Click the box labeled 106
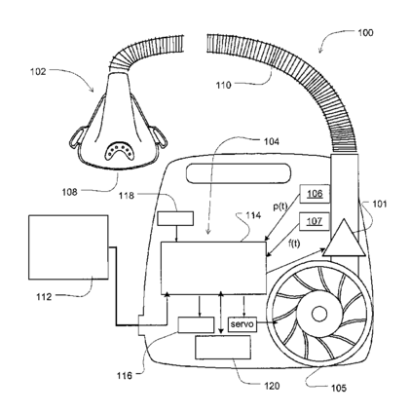pos(315,194)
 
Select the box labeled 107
pos(315,221)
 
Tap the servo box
pos(242,324)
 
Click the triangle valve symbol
pos(344,238)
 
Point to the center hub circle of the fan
pos(319,314)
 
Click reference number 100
pos(365,33)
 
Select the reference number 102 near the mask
pos(38,71)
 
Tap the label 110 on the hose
pos(224,85)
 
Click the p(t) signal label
pos(280,206)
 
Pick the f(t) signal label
pos(294,244)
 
